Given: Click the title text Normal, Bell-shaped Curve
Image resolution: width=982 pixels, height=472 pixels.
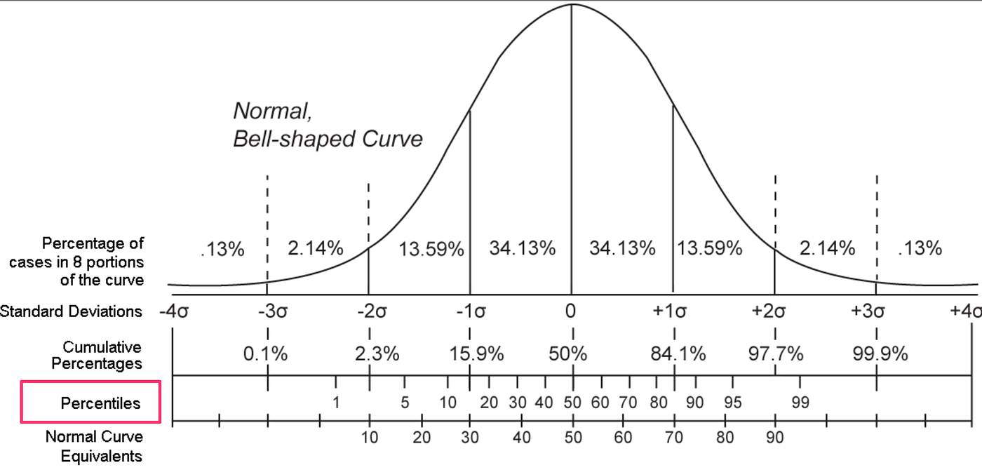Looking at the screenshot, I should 328,125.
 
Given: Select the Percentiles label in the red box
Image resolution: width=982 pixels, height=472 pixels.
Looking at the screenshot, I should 100,403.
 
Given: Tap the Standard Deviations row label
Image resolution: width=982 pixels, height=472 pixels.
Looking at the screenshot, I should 71,311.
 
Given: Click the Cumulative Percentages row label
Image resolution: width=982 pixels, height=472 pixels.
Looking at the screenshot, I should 102,355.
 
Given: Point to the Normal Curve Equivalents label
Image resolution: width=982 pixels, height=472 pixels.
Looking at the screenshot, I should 94,446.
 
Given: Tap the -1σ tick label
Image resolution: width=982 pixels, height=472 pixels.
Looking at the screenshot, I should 470,311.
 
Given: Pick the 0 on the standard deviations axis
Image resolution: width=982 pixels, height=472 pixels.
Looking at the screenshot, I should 572,311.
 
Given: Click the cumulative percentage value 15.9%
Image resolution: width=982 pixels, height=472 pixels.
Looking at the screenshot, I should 476,353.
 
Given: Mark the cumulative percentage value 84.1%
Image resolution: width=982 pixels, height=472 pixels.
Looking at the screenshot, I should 678,353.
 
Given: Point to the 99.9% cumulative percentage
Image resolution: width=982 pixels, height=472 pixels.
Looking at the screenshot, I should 880,353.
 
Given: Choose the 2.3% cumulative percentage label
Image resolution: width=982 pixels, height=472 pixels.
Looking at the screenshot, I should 377,353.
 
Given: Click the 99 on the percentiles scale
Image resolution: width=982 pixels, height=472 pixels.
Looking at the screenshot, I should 800,403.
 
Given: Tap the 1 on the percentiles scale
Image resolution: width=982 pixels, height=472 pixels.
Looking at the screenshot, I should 336,403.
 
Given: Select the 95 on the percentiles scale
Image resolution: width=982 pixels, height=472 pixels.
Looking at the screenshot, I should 733,403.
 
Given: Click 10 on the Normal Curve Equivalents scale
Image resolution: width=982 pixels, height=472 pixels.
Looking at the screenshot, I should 369,438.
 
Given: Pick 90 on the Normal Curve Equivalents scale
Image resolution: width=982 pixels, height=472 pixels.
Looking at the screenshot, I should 774,438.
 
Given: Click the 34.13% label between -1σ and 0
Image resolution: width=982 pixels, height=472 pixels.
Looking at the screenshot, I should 523,248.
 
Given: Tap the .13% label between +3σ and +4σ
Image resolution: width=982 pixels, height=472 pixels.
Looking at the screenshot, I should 920,248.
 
